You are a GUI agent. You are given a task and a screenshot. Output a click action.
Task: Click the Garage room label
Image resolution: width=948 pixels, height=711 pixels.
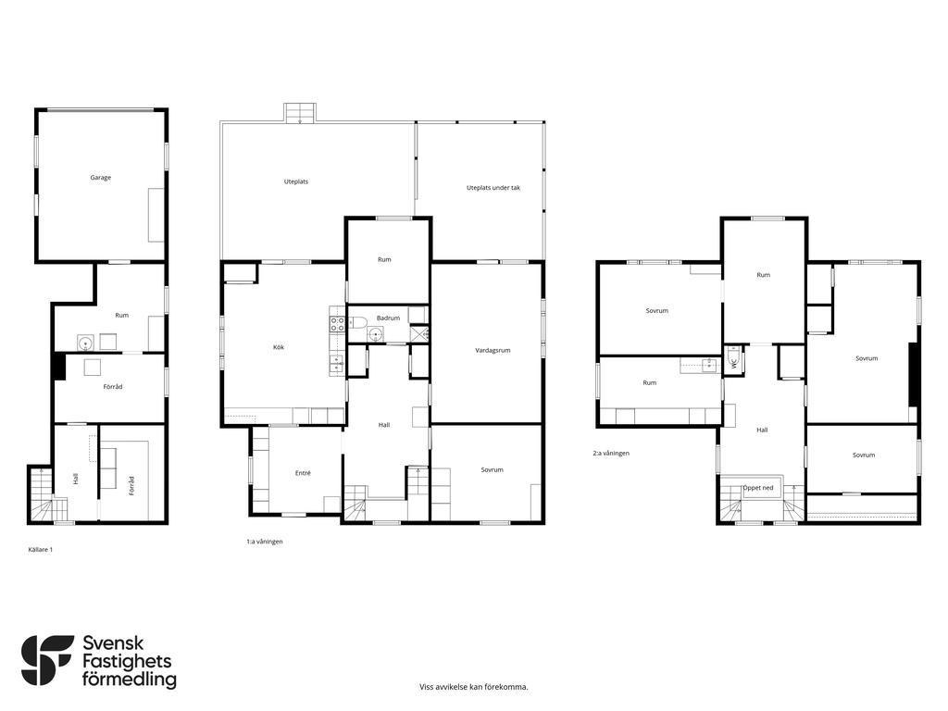[x=100, y=178]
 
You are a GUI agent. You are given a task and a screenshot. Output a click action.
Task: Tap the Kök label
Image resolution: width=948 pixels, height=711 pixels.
[x=279, y=348]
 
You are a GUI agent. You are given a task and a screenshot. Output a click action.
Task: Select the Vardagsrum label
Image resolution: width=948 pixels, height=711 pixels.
[x=493, y=351]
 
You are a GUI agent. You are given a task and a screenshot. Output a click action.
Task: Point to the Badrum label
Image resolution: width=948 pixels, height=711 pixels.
[x=388, y=318]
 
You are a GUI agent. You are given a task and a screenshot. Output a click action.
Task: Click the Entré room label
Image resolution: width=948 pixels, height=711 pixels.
[x=303, y=473]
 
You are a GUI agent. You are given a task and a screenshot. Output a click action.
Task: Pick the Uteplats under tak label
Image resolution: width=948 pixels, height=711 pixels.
[x=493, y=188]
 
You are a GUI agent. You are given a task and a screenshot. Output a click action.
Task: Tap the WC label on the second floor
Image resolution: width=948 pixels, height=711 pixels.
[x=734, y=364]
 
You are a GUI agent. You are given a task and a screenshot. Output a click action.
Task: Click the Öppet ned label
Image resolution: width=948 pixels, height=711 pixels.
[x=758, y=488]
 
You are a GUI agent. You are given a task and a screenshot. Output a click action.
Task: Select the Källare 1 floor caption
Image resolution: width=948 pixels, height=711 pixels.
[x=41, y=550]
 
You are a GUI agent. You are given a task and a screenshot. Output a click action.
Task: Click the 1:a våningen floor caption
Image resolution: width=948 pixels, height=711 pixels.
[x=264, y=542]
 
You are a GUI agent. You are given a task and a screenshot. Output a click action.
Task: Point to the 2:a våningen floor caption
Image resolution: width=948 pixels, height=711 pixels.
[x=611, y=453]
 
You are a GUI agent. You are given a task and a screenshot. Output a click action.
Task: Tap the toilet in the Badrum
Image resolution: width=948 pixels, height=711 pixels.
[x=356, y=321]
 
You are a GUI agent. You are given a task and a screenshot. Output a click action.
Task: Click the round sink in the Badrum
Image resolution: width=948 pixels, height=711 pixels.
[x=376, y=333]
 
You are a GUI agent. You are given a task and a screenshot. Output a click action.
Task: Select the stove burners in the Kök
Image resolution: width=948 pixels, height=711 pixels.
[x=337, y=324]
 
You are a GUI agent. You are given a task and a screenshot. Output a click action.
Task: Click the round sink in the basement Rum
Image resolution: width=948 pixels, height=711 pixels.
[x=86, y=343]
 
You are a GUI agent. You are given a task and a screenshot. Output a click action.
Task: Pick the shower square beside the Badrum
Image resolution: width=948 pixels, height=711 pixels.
[x=419, y=333]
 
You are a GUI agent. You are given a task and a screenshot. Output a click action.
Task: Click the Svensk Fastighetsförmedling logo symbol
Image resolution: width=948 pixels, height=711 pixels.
[x=47, y=660]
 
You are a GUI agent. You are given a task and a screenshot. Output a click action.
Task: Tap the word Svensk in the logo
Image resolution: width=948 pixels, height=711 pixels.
[x=113, y=643]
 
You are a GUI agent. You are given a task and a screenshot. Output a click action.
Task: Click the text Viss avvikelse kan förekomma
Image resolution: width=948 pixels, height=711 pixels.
[x=474, y=687]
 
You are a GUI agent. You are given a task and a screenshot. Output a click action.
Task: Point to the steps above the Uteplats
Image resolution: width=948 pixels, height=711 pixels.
[x=300, y=113]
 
